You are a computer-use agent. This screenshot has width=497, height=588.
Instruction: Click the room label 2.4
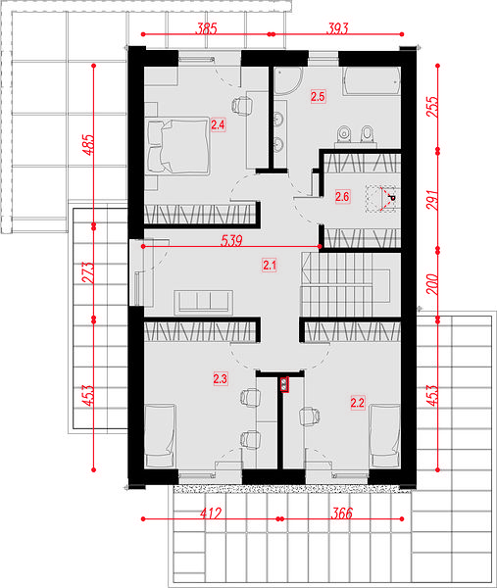coord(218,124)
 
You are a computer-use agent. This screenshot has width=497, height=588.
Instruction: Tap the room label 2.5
coord(318,96)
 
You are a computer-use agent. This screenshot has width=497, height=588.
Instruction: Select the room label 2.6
coord(342,196)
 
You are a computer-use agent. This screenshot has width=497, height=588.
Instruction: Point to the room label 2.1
coord(270,266)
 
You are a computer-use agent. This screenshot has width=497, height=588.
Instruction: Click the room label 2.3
coord(221,378)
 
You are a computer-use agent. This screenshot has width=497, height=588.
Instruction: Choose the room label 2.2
coord(357,403)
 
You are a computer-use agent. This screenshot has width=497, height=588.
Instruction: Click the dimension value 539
coord(231,240)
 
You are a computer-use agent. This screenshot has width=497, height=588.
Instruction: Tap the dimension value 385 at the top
coord(206,28)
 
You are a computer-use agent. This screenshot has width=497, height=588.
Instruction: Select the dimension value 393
coord(337,28)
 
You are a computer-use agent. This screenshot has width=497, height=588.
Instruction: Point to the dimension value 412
coord(211,513)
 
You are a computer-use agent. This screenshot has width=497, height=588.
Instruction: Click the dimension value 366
coord(342,513)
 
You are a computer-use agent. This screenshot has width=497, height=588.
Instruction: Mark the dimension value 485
coord(88,145)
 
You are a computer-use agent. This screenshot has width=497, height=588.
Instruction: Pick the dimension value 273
coord(88,272)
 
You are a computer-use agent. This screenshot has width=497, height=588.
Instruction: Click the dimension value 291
coord(432,200)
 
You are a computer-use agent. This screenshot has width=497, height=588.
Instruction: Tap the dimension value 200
coord(432,284)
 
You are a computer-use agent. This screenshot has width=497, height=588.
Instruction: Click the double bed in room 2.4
coord(178,146)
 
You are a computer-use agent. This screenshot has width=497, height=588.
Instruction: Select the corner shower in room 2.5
coord(287,80)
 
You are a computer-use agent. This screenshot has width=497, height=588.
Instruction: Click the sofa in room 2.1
coord(203,302)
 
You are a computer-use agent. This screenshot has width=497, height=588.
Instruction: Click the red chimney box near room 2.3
coord(284,384)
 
